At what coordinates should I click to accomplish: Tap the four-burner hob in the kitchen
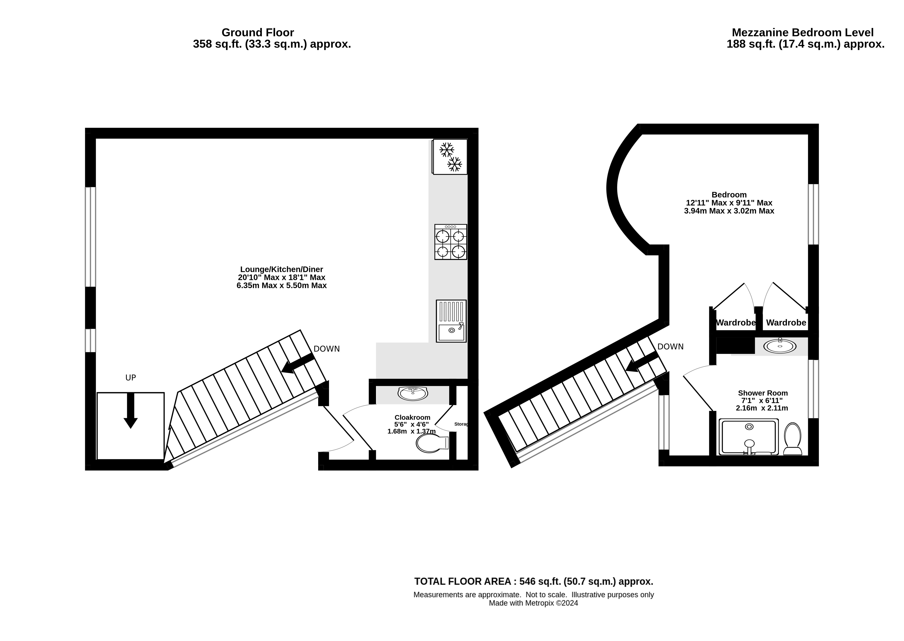coord(451,242)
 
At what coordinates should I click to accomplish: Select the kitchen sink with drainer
coord(451,321)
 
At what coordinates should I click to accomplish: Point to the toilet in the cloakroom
coord(432,443)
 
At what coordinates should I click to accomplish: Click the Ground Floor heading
coord(258,32)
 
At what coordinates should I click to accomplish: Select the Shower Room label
coord(763,393)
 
